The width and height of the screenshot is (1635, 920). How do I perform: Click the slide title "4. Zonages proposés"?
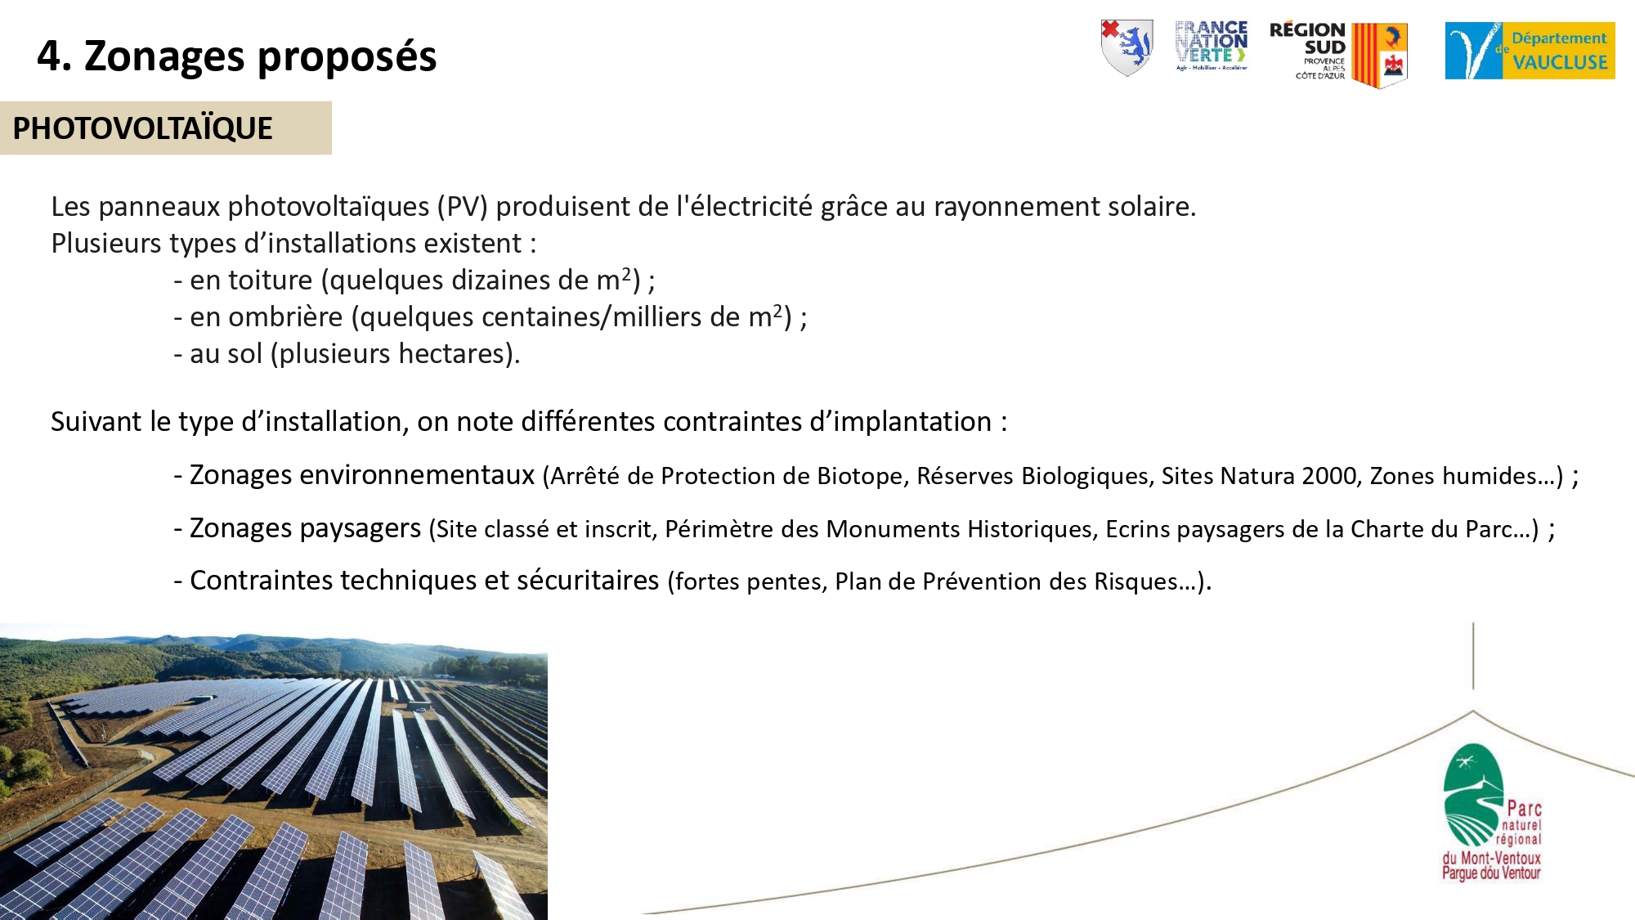click(237, 57)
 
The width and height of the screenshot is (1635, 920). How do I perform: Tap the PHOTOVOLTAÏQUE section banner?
click(166, 128)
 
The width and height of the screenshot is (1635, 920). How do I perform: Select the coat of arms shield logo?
click(1127, 47)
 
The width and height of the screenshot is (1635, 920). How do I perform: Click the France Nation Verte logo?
click(1212, 46)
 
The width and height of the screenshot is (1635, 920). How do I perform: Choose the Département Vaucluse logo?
click(1530, 51)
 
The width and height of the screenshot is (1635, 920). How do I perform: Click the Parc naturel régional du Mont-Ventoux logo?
click(1491, 812)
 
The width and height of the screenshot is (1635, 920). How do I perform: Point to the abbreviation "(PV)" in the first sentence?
click(462, 207)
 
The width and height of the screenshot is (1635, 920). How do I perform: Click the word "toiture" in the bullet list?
click(270, 280)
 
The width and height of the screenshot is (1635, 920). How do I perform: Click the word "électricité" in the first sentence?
click(744, 206)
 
